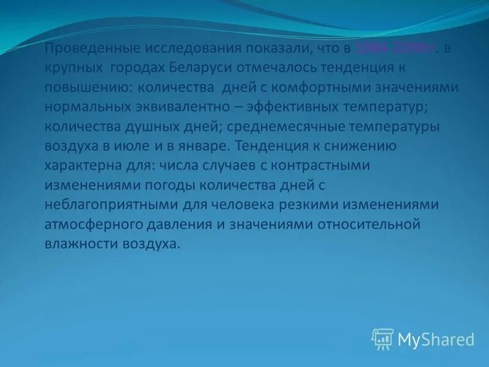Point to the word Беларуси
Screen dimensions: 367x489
pos(193,68)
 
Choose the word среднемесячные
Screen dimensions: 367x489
pos(290,127)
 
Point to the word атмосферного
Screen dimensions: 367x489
pos(85,224)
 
